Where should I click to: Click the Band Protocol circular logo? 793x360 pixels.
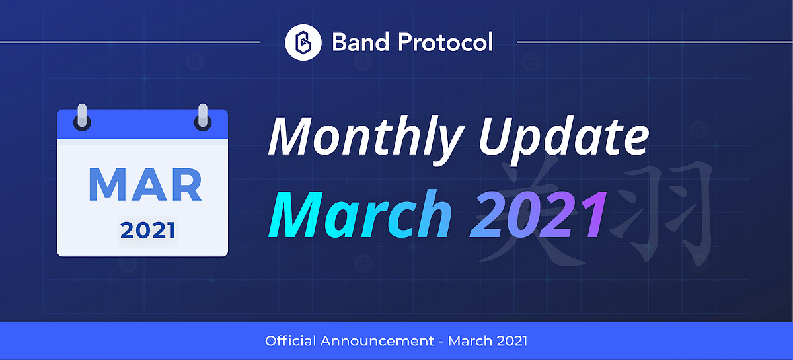(303, 42)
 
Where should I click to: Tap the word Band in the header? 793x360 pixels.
(360, 42)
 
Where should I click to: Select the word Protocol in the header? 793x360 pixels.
(445, 42)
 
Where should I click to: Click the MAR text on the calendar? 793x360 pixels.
(145, 185)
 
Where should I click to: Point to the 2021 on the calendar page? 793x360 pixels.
(148, 231)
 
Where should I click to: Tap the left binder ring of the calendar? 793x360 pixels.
(82, 118)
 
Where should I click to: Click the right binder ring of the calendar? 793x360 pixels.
(203, 118)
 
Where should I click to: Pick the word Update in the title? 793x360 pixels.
(564, 139)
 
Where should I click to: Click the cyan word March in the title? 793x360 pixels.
(359, 215)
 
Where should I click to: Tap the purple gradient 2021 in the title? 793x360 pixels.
(538, 215)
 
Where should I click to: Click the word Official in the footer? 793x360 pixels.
(290, 341)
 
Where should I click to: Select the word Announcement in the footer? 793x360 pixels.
(377, 342)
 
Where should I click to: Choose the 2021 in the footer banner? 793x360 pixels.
(512, 342)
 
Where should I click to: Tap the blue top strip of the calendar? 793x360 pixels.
(142, 124)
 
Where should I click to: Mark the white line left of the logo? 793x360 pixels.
(130, 42)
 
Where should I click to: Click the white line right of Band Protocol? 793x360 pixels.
(655, 42)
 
